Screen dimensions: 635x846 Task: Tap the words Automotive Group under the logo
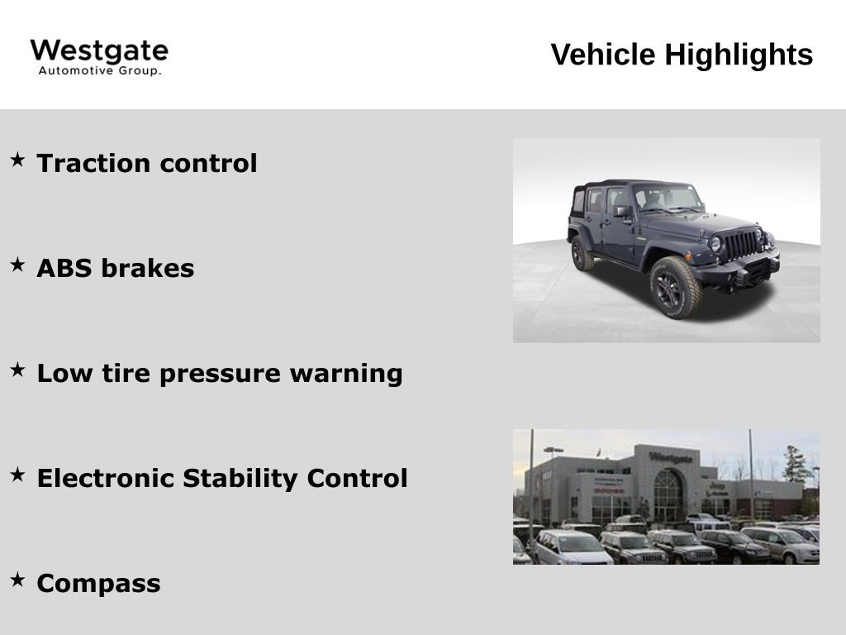100,71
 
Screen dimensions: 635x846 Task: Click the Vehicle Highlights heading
682,55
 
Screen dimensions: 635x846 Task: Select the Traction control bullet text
147,163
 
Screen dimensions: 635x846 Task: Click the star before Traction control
17,158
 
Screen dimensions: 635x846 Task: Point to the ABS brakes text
116,268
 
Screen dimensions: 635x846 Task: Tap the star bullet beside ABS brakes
17,264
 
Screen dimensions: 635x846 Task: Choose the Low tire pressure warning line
220,373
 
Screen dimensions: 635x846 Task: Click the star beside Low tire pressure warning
17,369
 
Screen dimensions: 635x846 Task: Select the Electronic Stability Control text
222,478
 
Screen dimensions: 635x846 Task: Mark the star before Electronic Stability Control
17,474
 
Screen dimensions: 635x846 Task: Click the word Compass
99,583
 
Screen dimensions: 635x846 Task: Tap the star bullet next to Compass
17,579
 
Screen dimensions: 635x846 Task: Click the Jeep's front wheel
673,287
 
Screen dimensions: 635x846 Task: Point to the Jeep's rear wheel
582,253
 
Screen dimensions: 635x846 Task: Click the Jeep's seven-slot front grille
741,244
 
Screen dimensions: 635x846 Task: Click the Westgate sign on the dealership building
670,456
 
